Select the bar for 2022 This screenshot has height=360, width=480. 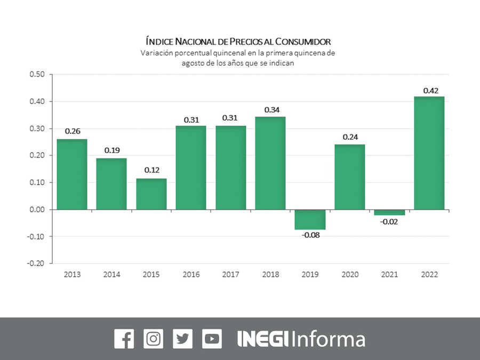tap(429, 153)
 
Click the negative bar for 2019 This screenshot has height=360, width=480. tap(310, 220)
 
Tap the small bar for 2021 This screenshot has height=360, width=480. tap(390, 212)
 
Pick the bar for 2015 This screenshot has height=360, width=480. tap(151, 194)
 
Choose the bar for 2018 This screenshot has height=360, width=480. tap(270, 163)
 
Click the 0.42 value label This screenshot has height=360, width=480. tap(430, 91)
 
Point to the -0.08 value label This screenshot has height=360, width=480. tap(310, 236)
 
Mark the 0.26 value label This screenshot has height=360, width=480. tap(73, 131)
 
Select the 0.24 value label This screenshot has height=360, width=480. tap(350, 137)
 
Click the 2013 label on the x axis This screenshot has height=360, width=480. tap(73, 275)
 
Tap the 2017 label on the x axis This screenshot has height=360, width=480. tap(230, 275)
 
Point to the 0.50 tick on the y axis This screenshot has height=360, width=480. tap(37, 74)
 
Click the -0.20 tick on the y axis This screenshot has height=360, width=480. tap(36, 263)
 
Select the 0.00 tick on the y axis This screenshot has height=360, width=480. tap(37, 209)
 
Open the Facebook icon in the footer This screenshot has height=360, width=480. tap(124, 339)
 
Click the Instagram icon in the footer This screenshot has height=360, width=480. tap(154, 339)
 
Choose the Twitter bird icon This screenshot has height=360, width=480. tap(183, 339)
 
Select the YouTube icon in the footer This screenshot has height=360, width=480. tap(212, 339)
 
